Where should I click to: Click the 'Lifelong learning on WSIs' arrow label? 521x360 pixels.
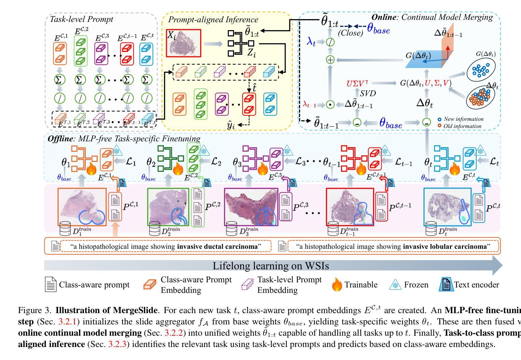tap(271, 266)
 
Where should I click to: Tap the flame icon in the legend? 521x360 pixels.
tap(337, 285)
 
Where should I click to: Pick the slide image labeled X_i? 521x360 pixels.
tap(183, 43)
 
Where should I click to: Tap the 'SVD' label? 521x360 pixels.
tap(368, 93)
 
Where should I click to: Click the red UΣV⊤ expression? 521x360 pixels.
tap(358, 83)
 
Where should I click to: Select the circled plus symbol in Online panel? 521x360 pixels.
tap(330, 60)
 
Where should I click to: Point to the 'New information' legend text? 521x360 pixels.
tap(463, 119)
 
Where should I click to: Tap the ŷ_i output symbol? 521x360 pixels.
tap(231, 125)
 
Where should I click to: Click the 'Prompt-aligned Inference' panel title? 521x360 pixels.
tap(213, 20)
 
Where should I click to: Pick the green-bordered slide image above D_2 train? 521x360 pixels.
tap(168, 207)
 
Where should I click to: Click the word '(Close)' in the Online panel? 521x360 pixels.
tap(350, 33)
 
